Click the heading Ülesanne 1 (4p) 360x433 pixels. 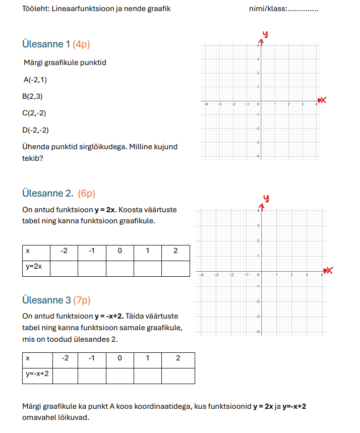56,44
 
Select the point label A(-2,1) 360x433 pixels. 35,80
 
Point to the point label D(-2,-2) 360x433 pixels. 35,130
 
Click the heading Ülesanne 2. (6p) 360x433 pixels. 58,193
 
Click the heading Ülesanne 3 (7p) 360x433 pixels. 56,300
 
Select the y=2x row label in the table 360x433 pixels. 34,267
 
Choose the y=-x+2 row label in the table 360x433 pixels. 37,375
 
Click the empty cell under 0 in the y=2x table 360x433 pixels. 119,268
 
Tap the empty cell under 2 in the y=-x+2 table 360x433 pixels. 177,376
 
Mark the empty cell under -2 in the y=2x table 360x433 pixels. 64,268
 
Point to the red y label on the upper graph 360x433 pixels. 264,34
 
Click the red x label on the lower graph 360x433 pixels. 330,271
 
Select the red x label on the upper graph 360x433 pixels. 323,100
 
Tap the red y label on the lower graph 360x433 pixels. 264,198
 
